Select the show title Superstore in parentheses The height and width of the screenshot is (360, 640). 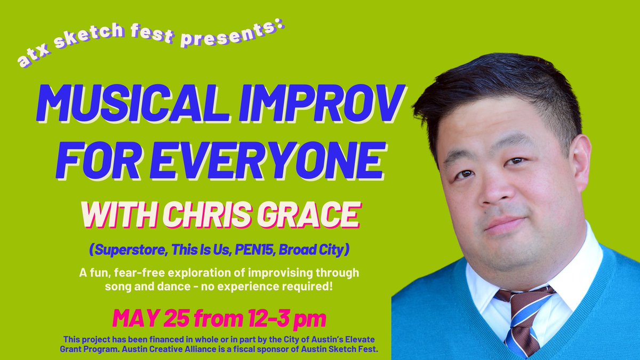click(x=129, y=249)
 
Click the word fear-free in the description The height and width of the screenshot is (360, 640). click(x=163, y=273)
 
